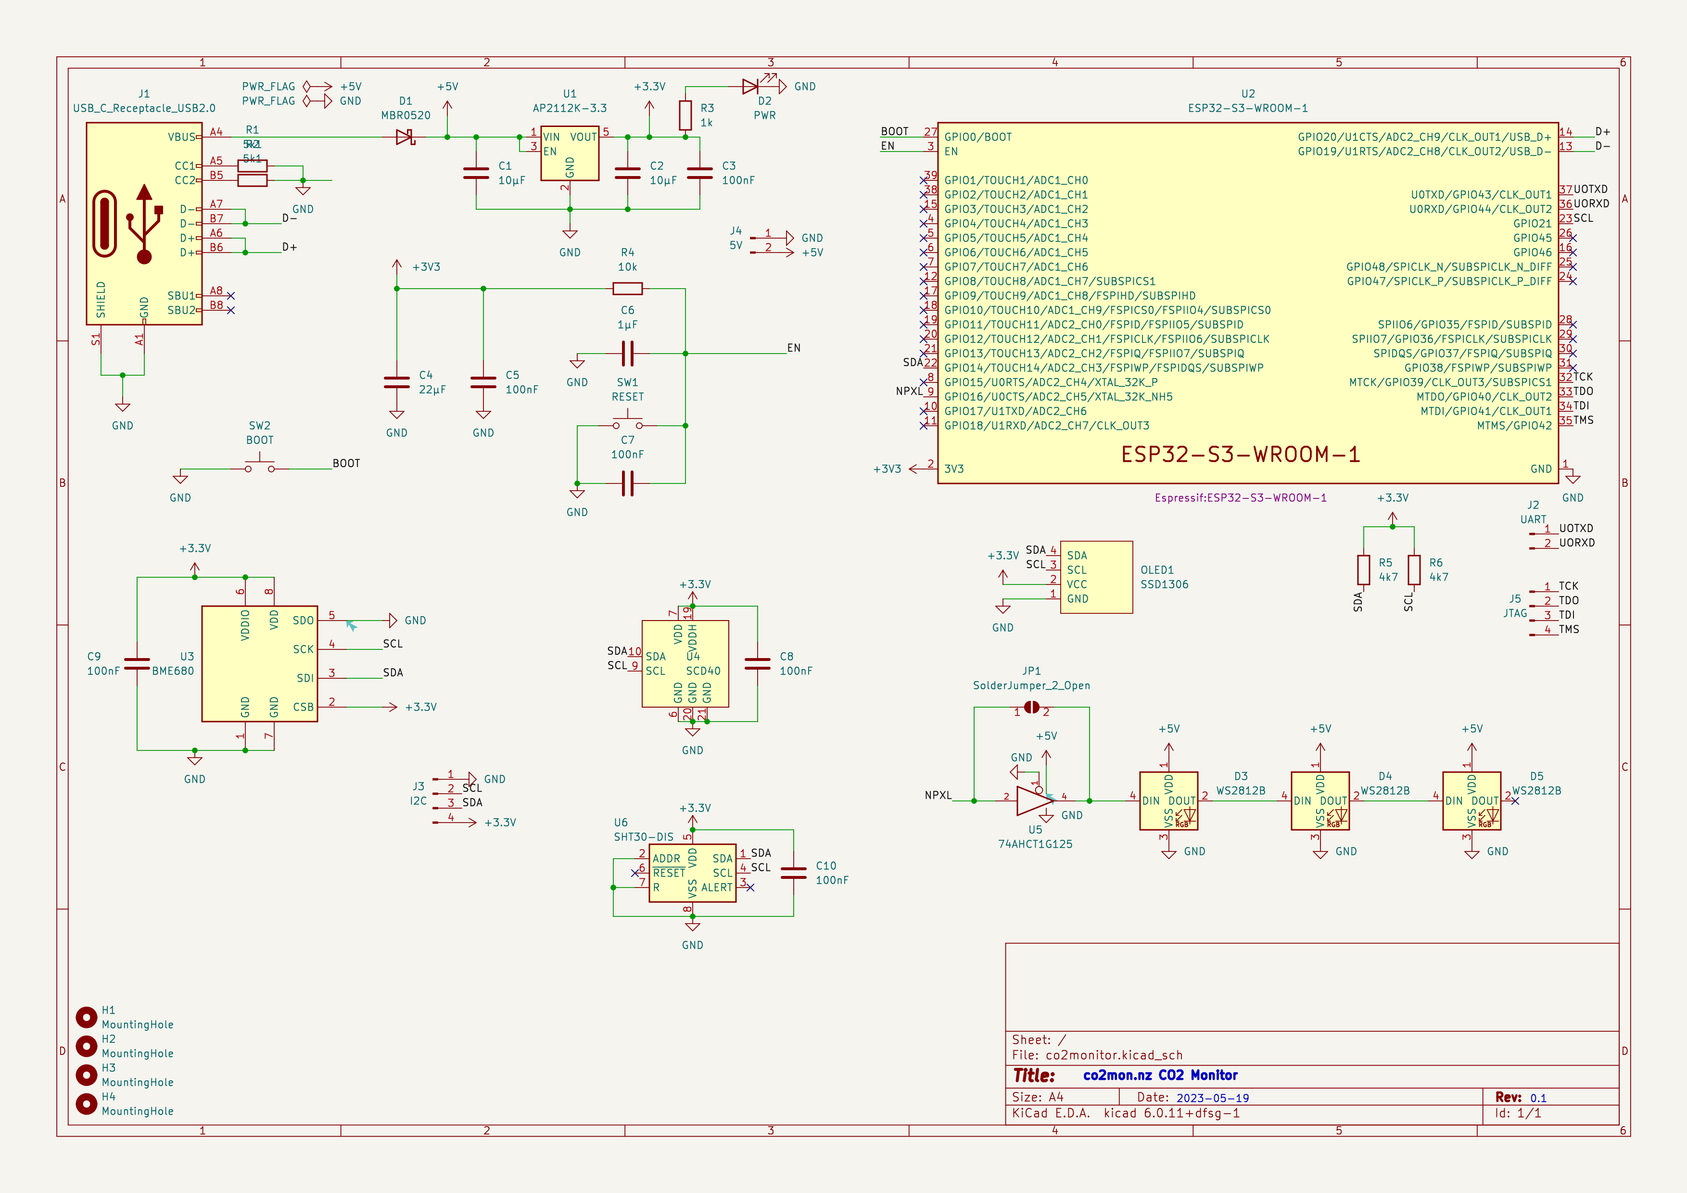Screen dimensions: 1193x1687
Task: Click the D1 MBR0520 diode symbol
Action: point(405,137)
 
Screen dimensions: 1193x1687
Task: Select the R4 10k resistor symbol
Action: point(627,289)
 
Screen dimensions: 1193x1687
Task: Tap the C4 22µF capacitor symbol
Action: point(397,382)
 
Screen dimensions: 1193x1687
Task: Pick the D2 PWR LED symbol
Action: point(751,87)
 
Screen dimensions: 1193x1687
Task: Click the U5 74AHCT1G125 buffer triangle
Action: point(1032,801)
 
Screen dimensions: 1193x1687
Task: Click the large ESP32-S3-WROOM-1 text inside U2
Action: point(1240,455)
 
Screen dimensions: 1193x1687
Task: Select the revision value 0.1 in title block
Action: point(1538,1097)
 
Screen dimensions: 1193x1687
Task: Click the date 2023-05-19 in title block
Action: point(1212,1097)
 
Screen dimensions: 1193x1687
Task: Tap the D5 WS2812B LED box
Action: point(1471,801)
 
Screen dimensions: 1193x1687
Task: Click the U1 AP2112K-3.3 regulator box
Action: point(570,153)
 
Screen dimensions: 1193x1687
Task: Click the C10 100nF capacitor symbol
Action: point(794,873)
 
